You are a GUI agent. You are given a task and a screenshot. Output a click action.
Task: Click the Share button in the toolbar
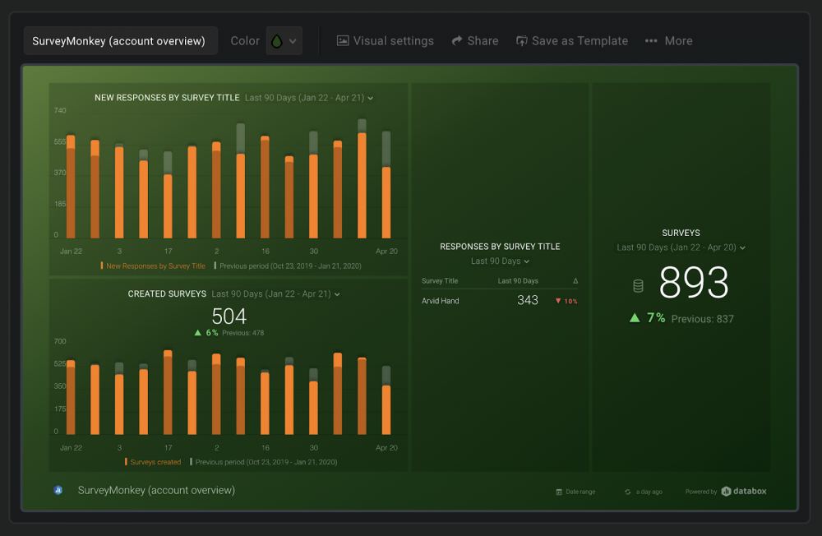(x=474, y=41)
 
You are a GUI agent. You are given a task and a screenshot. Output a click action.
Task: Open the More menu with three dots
(x=668, y=41)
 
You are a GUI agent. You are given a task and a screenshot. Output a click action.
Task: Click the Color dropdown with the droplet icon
(x=284, y=41)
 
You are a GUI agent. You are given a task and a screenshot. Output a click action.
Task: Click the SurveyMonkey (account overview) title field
(x=120, y=41)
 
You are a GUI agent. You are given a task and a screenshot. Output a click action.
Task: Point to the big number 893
(x=694, y=284)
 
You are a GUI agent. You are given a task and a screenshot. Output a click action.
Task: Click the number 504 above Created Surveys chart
(x=229, y=317)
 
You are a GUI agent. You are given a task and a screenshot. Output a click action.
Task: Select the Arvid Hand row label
(x=441, y=301)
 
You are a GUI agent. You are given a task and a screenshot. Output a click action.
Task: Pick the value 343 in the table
(x=528, y=301)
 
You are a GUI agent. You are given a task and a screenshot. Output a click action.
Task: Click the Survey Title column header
(x=440, y=281)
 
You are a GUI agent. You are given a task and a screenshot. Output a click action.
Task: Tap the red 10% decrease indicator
(x=566, y=302)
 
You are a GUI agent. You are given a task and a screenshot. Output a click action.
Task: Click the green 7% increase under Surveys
(x=647, y=318)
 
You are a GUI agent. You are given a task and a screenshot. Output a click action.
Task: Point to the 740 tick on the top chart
(x=60, y=110)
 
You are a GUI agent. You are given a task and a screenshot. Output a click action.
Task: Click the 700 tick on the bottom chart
(x=60, y=341)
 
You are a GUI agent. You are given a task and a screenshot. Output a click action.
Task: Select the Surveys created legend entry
(x=154, y=462)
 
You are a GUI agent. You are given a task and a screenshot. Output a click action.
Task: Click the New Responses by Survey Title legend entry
(x=154, y=266)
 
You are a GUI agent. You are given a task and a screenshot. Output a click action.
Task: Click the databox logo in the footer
(x=744, y=492)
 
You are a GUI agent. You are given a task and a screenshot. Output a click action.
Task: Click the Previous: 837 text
(x=702, y=319)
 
